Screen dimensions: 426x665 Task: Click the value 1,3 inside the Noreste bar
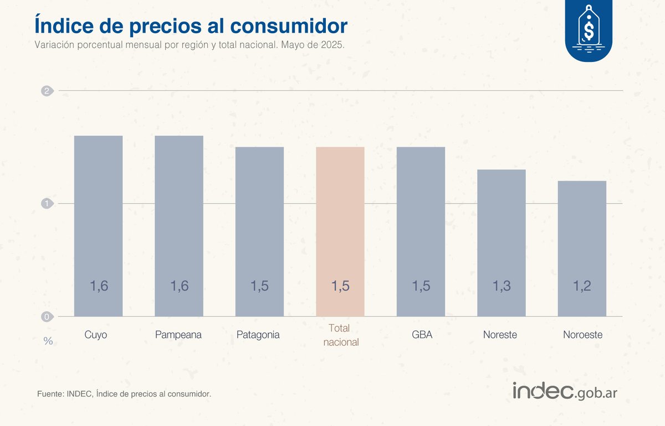502,286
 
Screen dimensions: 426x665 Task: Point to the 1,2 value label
582,286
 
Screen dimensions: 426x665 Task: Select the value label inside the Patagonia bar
259,286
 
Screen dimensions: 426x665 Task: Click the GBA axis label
421,335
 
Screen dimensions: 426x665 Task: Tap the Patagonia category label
258,335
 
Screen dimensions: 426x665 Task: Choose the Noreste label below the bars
500,335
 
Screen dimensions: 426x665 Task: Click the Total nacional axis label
341,335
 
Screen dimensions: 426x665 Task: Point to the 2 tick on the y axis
47,91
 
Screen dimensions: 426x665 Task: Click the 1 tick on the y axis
47,204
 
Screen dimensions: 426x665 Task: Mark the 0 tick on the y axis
47,316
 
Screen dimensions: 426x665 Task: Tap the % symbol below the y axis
48,341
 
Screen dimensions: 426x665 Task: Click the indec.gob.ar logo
565,391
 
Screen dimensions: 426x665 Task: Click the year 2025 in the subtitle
332,45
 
